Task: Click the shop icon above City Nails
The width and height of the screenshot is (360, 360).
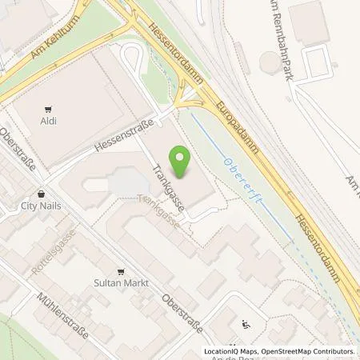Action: (x=41, y=194)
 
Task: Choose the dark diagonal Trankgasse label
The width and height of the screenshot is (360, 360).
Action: (x=169, y=183)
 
